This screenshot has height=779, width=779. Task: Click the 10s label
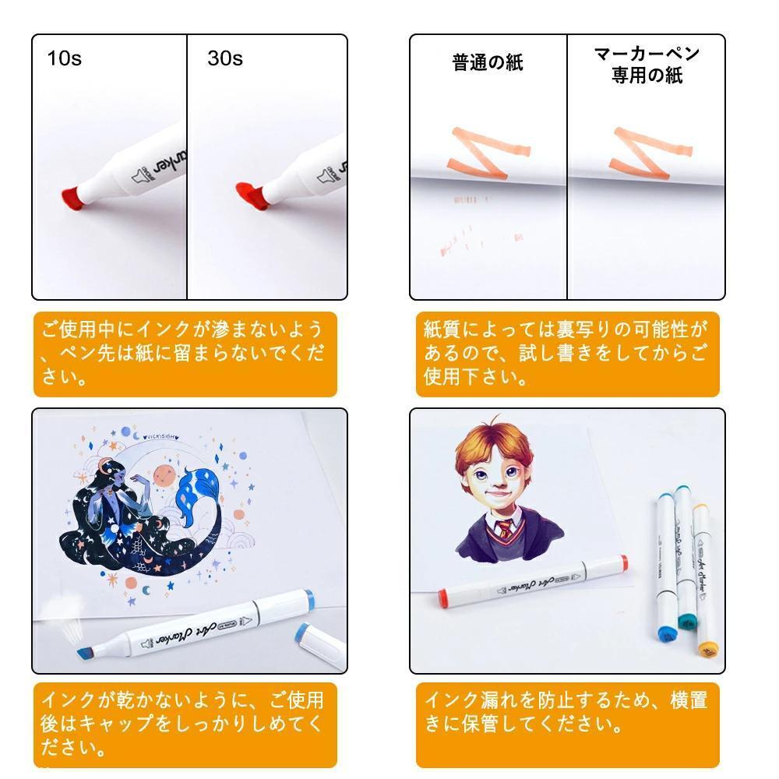coord(64,58)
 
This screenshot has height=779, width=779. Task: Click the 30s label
coord(225,58)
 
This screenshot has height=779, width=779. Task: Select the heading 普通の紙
coord(488,62)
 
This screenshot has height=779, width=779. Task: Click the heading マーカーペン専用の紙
coord(647,65)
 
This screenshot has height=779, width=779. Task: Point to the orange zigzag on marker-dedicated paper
coord(650,153)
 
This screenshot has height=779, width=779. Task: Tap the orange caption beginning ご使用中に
coord(185,354)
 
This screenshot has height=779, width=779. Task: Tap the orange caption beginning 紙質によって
coord(567,354)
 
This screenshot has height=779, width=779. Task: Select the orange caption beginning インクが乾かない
coord(185,724)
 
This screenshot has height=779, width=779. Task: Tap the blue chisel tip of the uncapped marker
coord(85,653)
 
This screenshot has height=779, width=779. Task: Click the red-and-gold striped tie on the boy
coord(505,530)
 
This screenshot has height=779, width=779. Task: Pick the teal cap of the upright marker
coord(688,622)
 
